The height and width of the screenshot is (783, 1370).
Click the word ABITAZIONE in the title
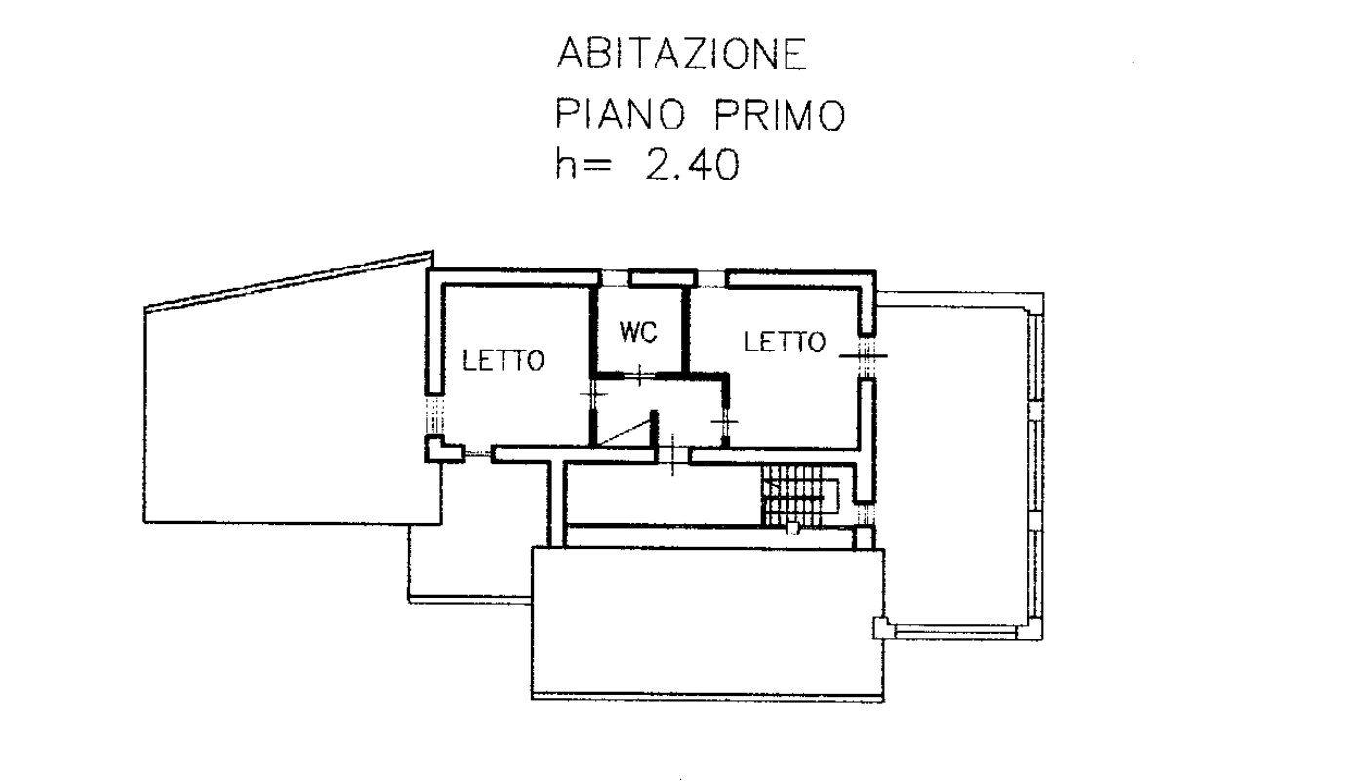pos(682,54)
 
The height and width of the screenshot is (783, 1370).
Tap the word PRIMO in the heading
pos(781,114)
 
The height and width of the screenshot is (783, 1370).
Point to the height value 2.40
pos(693,165)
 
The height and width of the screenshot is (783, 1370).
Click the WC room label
pos(638,332)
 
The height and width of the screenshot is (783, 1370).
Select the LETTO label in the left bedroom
pos(504,360)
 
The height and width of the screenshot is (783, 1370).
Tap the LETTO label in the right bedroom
pos(785,342)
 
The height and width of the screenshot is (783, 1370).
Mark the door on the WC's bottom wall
pos(638,375)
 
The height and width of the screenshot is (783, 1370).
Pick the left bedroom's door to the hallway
pos(593,394)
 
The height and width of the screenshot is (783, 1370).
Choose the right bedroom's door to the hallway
pos(725,420)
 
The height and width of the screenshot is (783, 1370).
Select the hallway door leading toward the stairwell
pos(672,455)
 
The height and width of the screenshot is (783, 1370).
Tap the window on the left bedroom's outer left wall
pos(434,415)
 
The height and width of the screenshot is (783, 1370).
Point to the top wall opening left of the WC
pos(614,278)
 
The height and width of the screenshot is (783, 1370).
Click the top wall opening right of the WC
pos(712,278)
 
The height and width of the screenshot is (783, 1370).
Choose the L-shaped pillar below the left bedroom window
pos(442,450)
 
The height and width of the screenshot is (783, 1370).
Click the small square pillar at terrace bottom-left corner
pos(880,628)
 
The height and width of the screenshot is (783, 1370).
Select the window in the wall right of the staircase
pos(866,511)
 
